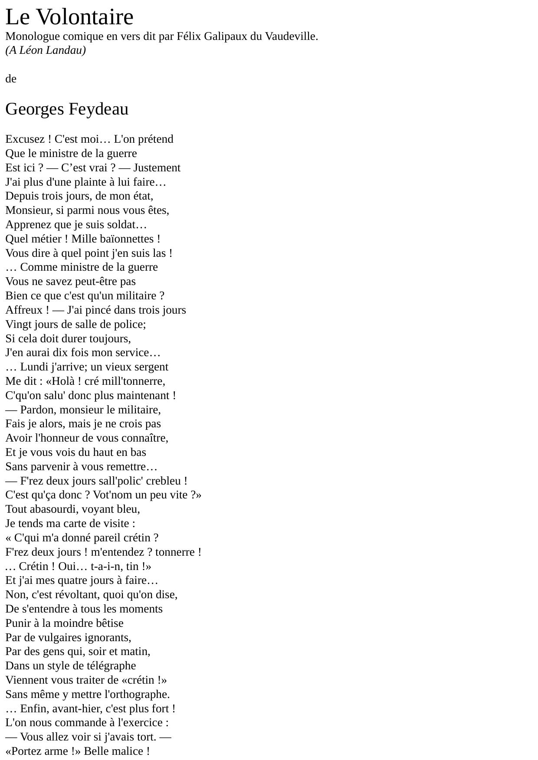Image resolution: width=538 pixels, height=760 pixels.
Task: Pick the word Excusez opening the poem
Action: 25,139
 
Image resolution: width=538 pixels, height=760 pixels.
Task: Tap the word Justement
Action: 157,168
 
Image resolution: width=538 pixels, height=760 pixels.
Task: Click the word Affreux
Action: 24,310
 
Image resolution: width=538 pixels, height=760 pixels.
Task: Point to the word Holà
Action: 59,381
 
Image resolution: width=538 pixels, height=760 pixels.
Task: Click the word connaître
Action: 144,438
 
